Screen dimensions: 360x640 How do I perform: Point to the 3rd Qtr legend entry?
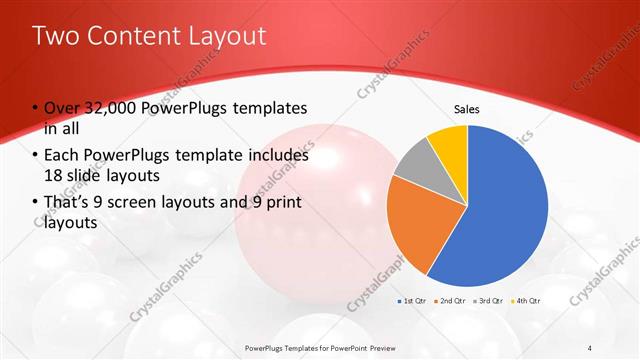tap(490, 300)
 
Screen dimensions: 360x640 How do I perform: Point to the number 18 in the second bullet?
tap(55, 176)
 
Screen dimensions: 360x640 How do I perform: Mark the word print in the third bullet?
tap(278, 203)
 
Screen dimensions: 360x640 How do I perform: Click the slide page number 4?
tap(589, 347)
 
